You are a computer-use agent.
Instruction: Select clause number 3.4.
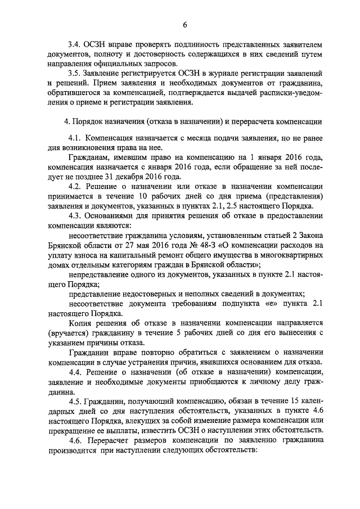click(74, 45)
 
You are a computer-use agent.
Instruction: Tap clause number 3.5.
click(74, 73)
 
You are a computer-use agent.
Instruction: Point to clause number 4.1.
click(75, 138)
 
